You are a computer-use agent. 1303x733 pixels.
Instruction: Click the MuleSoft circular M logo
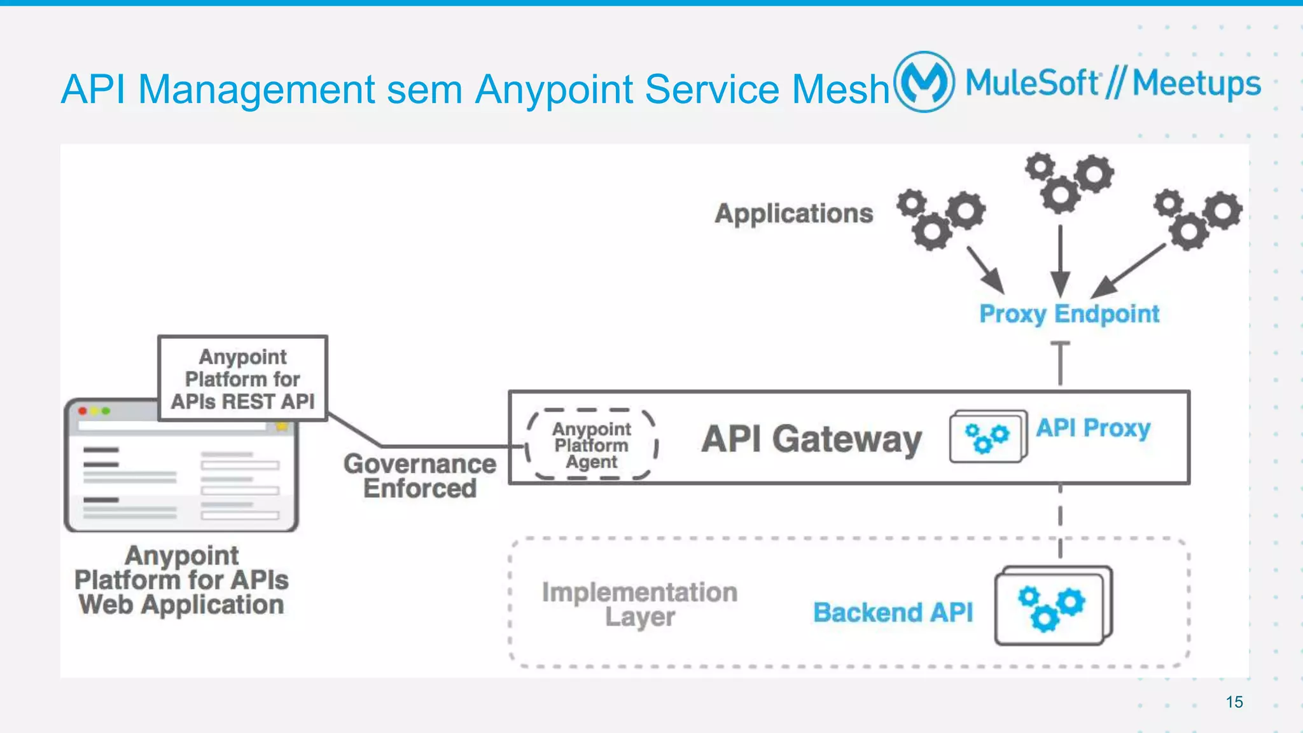[x=924, y=82]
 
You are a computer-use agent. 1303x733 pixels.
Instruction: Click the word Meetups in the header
[x=1196, y=84]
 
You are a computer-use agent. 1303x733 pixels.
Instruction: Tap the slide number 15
[x=1234, y=702]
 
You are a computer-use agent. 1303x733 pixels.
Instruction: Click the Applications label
[x=793, y=214]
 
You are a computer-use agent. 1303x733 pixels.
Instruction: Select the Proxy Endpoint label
[x=1069, y=314]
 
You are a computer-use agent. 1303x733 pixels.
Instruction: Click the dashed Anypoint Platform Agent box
[x=592, y=444]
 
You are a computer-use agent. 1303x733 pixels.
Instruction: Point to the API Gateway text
[x=811, y=439]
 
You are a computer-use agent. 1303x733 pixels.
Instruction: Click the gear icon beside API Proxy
[x=987, y=437]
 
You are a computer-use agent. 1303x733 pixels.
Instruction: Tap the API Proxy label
[x=1093, y=428]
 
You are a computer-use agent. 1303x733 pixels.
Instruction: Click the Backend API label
[x=893, y=612]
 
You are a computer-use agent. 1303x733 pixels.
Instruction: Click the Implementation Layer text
[x=639, y=604]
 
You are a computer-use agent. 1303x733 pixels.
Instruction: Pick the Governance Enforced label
[x=420, y=476]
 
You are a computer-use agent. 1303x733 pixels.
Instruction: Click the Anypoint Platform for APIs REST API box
[x=242, y=379]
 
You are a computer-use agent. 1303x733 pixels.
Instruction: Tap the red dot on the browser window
[x=83, y=411]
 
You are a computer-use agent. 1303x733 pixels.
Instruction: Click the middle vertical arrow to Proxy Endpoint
[x=1060, y=261]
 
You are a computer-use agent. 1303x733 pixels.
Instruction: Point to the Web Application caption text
[x=181, y=605]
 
